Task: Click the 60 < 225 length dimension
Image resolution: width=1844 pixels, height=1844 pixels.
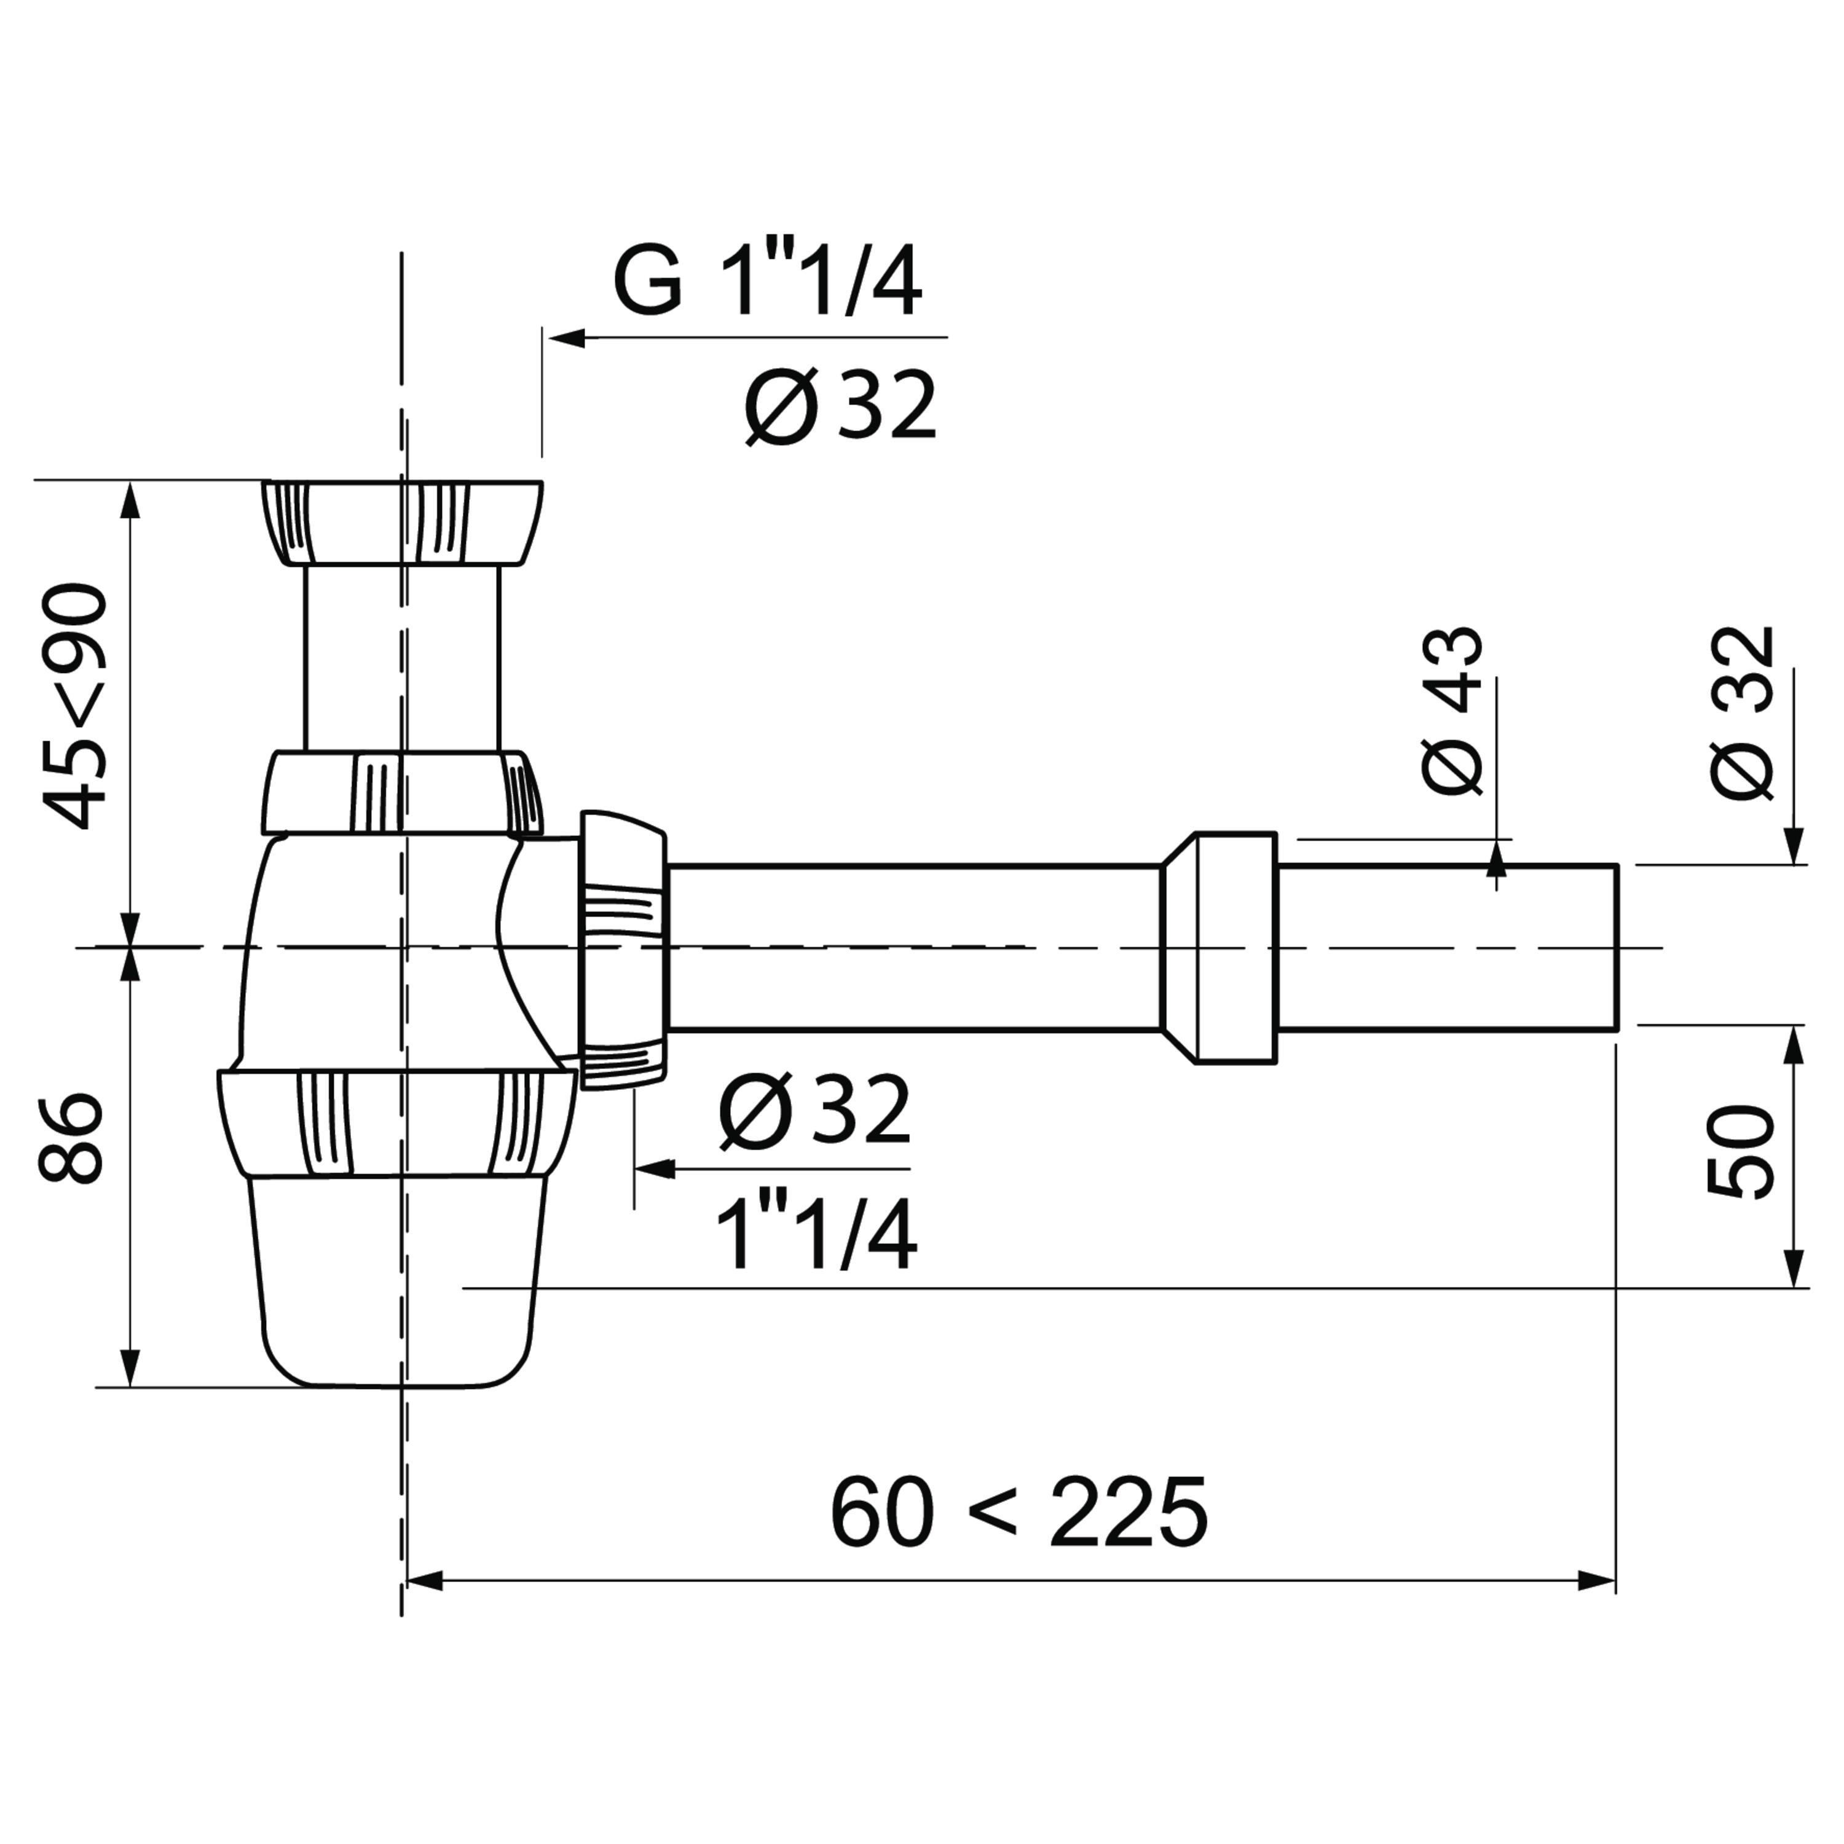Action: [x=1019, y=1514]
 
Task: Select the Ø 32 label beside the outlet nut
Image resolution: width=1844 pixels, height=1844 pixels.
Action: [x=814, y=1110]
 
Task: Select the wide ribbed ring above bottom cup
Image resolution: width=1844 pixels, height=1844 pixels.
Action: [x=397, y=1122]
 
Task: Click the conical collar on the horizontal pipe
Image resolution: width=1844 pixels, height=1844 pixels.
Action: [x=1218, y=948]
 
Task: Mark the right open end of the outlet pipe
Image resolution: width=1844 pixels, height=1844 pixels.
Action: [x=1616, y=948]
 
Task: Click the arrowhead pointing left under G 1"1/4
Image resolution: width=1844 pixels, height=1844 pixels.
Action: [x=567, y=337]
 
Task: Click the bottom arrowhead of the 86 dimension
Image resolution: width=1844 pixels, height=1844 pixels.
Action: [x=132, y=1368]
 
